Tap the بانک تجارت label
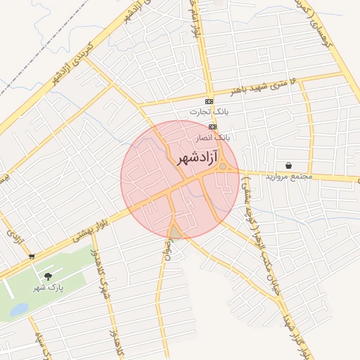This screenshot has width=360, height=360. [x=209, y=112]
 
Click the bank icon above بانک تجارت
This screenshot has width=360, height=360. [x=209, y=102]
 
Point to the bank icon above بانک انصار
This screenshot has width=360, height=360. [x=212, y=127]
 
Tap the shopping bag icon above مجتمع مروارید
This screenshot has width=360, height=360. [x=289, y=166]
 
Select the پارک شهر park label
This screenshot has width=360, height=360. [x=48, y=288]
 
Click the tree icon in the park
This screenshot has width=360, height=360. [x=48, y=277]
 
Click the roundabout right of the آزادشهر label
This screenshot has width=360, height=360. [x=223, y=167]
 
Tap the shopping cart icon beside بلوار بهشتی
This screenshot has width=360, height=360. [x=31, y=257]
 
